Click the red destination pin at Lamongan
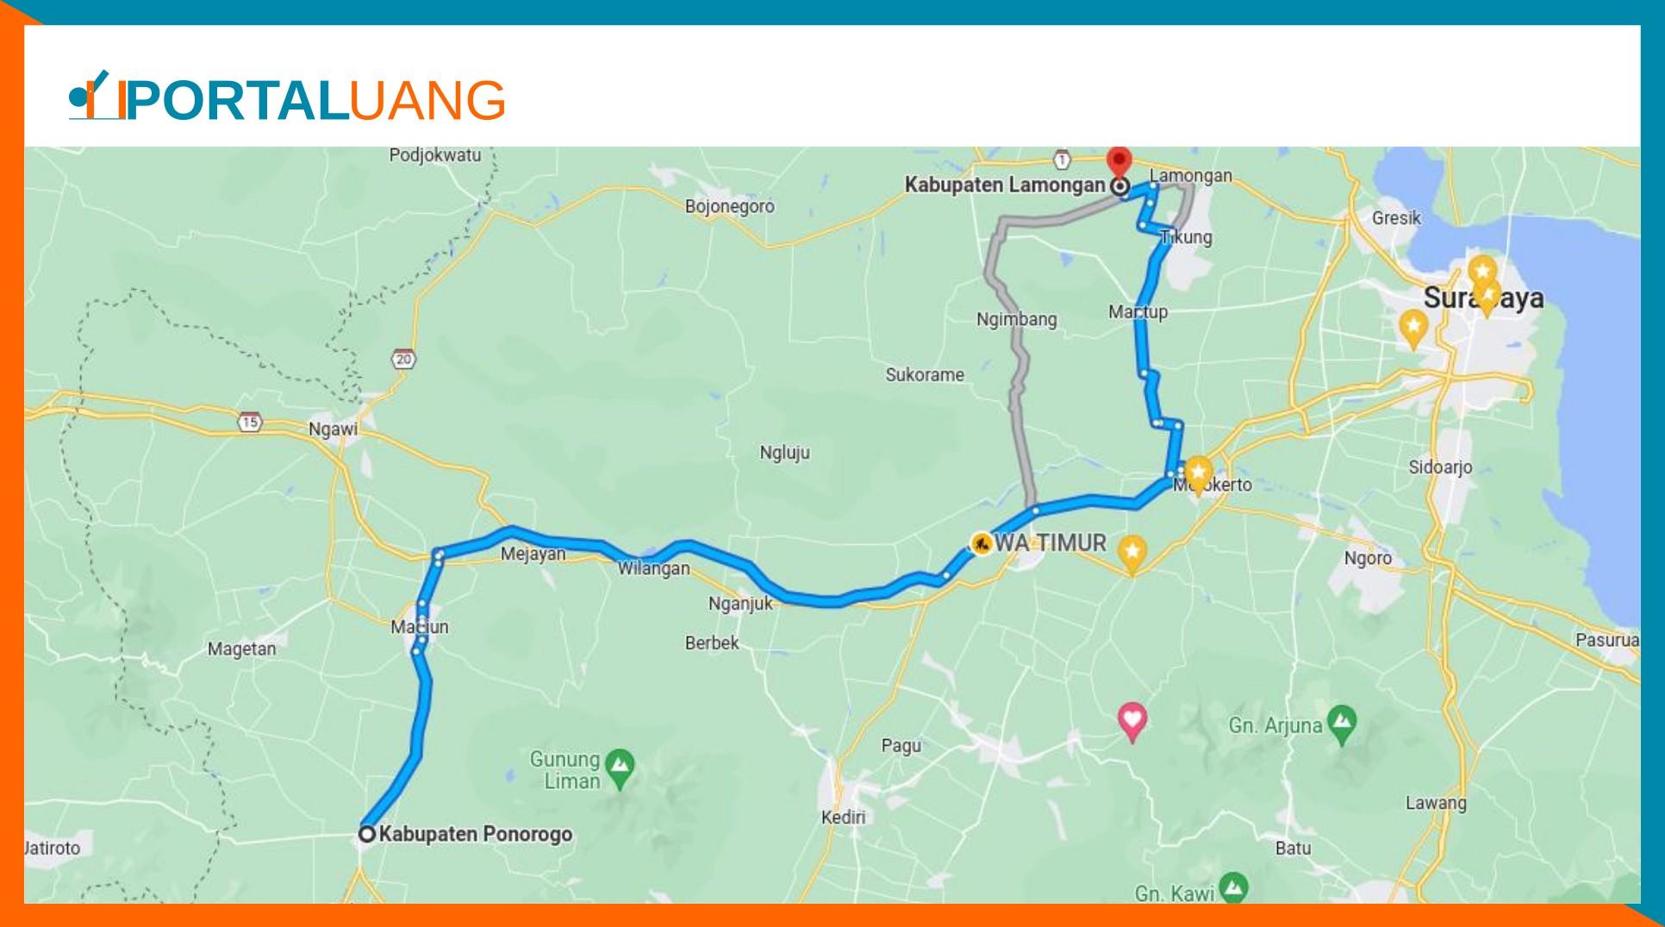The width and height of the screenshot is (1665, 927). [1119, 160]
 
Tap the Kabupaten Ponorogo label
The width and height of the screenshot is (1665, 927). [475, 834]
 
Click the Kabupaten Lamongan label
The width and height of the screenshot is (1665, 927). [1004, 185]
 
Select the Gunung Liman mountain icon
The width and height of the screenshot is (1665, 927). [620, 765]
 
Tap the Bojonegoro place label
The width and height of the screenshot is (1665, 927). [729, 206]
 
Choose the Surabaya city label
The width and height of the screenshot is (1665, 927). [1482, 298]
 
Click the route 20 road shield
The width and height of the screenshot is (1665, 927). [403, 359]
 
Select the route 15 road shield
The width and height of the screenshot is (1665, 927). [250, 423]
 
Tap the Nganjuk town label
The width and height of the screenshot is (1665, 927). [740, 604]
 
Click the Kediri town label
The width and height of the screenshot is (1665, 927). [843, 817]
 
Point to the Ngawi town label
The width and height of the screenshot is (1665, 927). [333, 429]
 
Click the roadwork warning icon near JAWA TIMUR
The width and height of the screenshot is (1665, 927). [981, 542]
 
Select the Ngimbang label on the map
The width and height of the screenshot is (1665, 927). [1016, 319]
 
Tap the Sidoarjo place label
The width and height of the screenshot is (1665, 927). [1440, 467]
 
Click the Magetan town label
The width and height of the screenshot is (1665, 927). [241, 648]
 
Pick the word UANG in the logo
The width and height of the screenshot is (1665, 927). [427, 100]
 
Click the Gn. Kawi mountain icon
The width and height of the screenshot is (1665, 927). [1235, 887]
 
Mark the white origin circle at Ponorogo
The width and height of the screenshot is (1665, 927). [367, 834]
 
